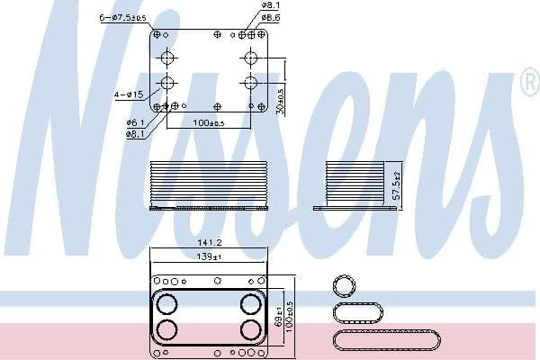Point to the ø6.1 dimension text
136,121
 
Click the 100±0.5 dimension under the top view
209,122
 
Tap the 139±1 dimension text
209,257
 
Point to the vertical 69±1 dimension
279,319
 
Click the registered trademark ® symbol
527,84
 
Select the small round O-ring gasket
344,286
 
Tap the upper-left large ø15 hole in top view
168,58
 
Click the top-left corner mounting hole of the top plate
157,34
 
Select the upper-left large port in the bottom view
167,303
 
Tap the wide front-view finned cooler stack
209,183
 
